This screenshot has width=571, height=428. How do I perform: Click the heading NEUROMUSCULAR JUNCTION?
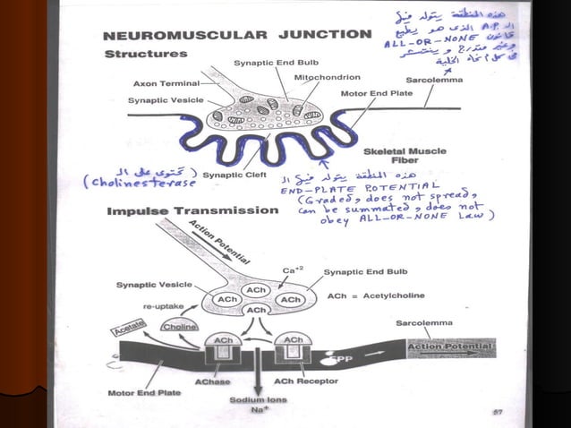point(237,35)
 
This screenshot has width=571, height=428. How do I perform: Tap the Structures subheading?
point(146,54)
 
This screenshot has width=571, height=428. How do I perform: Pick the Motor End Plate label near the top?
point(376,92)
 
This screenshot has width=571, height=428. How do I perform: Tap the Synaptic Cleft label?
point(232,175)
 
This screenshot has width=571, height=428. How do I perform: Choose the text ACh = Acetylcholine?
point(377,295)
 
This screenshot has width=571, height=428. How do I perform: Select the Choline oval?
point(179,329)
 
